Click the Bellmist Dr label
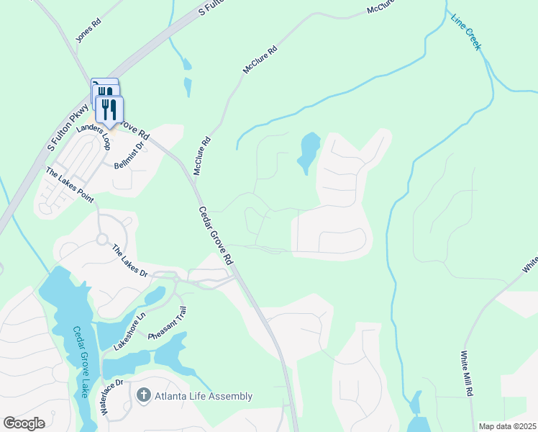pyautogui.click(x=129, y=155)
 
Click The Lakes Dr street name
pyautogui.click(x=129, y=261)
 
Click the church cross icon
pyautogui.click(x=143, y=395)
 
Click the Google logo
pyautogui.click(x=24, y=423)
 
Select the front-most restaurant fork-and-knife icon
pyautogui.click(x=109, y=109)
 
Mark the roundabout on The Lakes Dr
pyautogui.click(x=102, y=239)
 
